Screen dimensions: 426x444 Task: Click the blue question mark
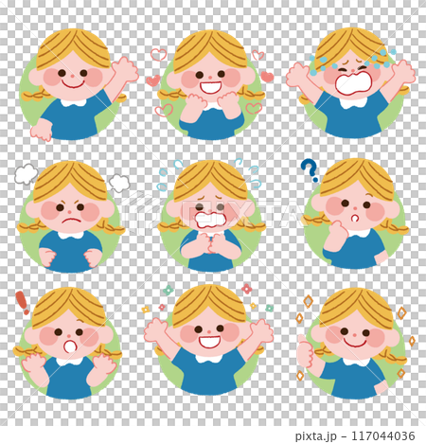(310, 170)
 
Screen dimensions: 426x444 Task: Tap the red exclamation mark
(23, 303)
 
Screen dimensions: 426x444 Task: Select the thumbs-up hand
(305, 352)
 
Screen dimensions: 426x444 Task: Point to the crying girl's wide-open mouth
(353, 83)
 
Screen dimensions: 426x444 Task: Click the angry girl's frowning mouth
(71, 221)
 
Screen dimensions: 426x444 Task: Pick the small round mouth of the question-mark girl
(355, 218)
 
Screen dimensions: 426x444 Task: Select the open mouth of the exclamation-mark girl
(70, 346)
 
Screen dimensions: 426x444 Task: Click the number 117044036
(383, 435)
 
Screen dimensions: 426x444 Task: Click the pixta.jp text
(315, 436)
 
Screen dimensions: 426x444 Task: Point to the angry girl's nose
(70, 211)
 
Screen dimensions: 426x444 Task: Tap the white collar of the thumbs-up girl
(357, 362)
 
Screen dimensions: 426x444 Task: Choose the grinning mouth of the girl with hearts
(210, 87)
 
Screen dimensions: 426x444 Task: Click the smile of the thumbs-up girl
(355, 343)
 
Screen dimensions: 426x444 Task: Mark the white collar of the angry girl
(71, 235)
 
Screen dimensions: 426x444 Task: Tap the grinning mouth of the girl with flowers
(209, 342)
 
